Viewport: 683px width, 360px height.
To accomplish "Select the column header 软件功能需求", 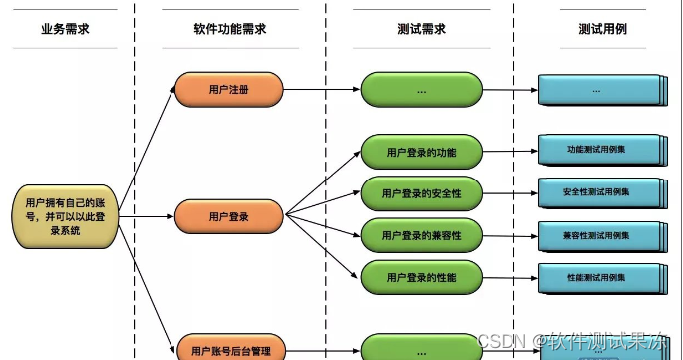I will coord(229,28).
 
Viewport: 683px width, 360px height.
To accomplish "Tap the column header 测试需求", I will coord(420,28).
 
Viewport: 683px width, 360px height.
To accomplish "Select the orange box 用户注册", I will coord(229,90).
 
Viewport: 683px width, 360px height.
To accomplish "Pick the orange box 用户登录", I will coord(229,215).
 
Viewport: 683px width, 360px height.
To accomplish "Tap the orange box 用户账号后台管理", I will coord(229,349).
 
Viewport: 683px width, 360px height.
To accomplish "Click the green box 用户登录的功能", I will coord(421,153).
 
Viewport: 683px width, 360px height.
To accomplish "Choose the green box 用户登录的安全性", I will coord(421,192).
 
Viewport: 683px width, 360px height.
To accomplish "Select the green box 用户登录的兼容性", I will coord(421,235).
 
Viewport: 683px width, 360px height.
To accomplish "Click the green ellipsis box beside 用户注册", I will coord(421,90).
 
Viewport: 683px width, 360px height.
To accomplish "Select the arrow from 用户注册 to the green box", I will coord(322,90).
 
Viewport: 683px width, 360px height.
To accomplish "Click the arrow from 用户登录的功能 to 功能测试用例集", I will coord(511,152).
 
